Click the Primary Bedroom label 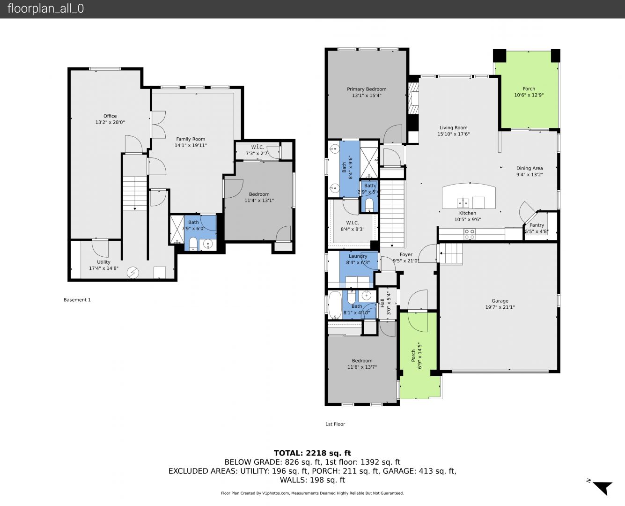(367, 89)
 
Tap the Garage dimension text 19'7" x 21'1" (500, 307)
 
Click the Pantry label (537, 225)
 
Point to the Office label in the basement (110, 116)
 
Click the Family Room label (191, 139)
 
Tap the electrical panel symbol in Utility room (132, 273)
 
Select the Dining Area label (529, 168)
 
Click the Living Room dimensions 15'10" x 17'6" (453, 134)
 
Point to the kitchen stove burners (469, 234)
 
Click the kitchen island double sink (463, 203)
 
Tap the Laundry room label (358, 256)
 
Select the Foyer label (406, 254)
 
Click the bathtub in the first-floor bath (335, 305)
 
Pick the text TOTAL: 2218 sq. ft (312, 453)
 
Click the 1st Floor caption (335, 424)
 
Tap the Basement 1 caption (77, 300)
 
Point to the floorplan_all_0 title (46, 8)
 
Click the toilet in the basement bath (193, 244)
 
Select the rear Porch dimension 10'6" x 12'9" (529, 95)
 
